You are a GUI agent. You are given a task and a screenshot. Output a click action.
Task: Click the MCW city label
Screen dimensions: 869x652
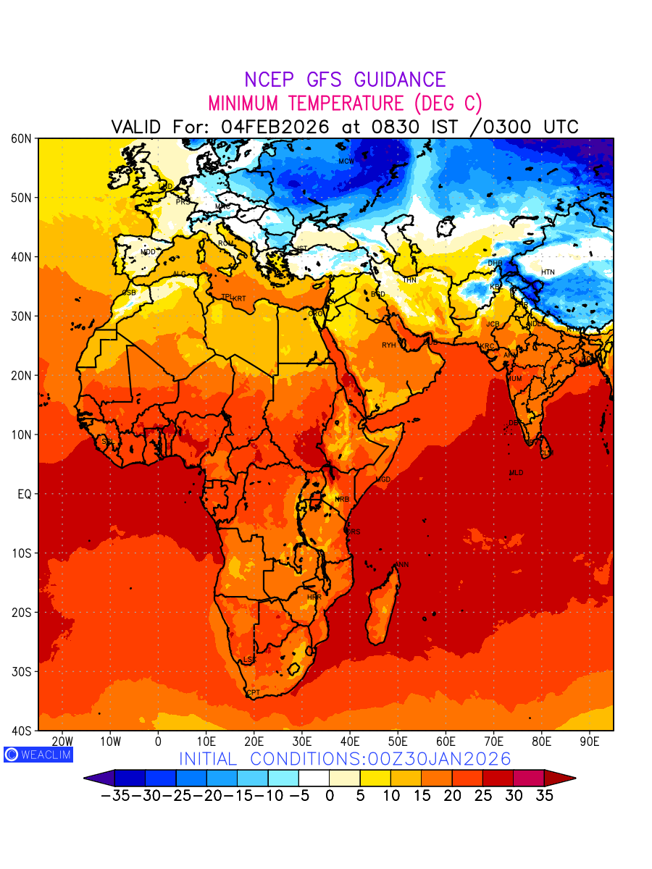[x=346, y=161]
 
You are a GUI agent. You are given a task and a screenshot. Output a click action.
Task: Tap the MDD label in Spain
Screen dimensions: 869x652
[x=148, y=252]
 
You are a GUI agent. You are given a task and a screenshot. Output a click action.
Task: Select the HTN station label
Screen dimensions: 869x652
[x=548, y=272]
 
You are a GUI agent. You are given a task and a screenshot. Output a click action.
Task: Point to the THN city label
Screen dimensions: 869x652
[x=409, y=280]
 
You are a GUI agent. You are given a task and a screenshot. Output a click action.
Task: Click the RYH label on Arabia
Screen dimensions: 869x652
[x=389, y=345]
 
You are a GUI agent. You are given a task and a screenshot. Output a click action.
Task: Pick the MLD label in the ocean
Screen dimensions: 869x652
[x=516, y=473]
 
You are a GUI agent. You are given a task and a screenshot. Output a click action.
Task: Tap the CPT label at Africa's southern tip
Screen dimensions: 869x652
[x=253, y=693]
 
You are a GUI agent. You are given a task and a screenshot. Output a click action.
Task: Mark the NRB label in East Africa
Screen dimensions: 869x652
[x=342, y=500]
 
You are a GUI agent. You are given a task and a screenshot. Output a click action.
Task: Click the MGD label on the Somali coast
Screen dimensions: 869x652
[x=383, y=480]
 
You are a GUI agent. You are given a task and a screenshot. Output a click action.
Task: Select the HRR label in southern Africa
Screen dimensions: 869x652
[x=314, y=597]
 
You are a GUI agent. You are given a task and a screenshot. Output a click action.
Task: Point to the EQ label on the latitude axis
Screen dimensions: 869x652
[x=23, y=494]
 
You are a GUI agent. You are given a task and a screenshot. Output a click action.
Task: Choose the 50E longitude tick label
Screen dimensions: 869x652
[x=398, y=742]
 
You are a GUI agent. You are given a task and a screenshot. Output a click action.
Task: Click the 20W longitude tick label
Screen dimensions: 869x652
[x=62, y=742]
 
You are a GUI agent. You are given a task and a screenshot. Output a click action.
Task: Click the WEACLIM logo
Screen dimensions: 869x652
[x=38, y=754]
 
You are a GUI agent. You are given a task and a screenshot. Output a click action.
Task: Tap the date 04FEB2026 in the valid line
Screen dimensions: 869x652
[x=275, y=127]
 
